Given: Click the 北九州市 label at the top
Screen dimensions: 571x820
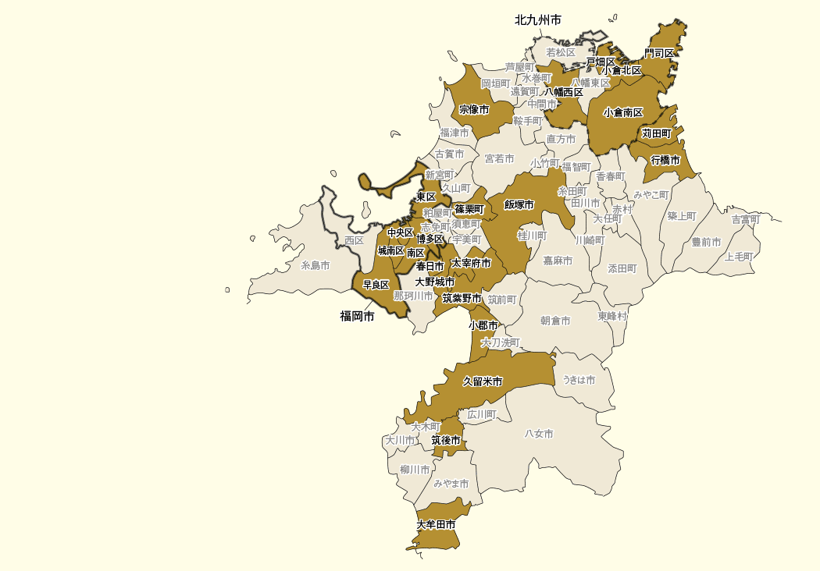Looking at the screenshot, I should (x=538, y=20).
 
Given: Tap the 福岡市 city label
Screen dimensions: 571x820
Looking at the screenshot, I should (x=357, y=316).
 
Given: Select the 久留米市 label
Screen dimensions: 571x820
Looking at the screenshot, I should (x=483, y=381).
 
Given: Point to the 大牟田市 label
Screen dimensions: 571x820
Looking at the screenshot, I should (x=436, y=525).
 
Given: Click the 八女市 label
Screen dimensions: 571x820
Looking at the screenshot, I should (x=539, y=434).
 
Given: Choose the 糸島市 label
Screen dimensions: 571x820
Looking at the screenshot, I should (x=316, y=265).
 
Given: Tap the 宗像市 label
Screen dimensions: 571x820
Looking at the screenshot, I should (x=474, y=109).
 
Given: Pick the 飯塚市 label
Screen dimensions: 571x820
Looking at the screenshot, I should (x=519, y=204).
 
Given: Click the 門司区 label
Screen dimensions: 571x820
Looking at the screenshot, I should (x=659, y=53).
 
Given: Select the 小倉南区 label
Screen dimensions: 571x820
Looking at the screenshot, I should (x=623, y=112).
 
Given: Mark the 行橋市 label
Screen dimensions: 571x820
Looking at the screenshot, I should (x=665, y=160).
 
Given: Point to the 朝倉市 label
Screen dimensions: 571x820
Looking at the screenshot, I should (x=555, y=321).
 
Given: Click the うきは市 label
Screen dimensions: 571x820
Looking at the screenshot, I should (x=579, y=380).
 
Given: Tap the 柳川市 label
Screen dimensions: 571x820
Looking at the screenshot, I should (x=415, y=470).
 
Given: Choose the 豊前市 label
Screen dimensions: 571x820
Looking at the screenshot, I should (x=706, y=243).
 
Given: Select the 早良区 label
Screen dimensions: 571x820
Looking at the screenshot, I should (x=376, y=285).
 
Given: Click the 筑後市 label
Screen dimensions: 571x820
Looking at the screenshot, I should (x=446, y=441).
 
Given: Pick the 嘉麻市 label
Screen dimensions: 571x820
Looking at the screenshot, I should (x=558, y=261).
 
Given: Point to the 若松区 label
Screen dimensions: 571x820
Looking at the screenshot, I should (x=561, y=52).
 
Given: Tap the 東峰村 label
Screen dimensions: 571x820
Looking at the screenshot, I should (x=613, y=316).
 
